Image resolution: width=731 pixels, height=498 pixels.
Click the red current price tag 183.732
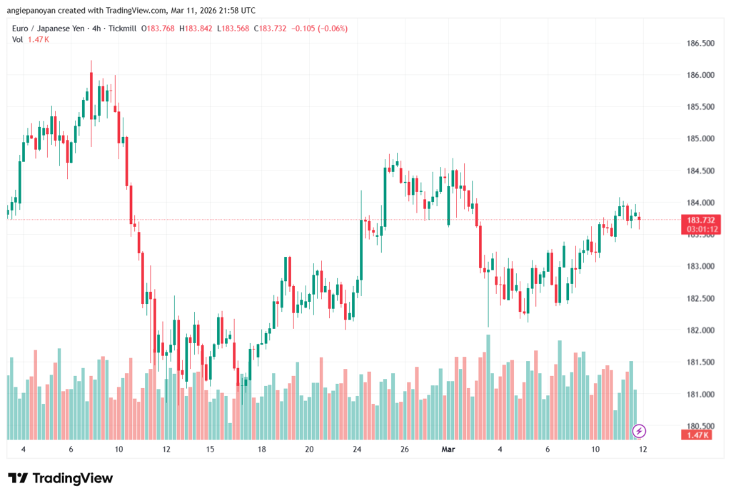[700, 220]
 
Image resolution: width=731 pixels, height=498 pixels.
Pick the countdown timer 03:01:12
[700, 229]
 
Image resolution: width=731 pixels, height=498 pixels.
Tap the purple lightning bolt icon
[640, 430]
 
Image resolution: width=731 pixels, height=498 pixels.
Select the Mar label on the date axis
[448, 449]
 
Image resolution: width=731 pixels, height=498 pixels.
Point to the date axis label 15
[211, 449]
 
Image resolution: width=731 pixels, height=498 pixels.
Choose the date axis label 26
[405, 449]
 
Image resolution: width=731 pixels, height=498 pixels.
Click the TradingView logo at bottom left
[61, 478]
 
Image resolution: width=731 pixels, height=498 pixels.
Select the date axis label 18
[262, 449]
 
